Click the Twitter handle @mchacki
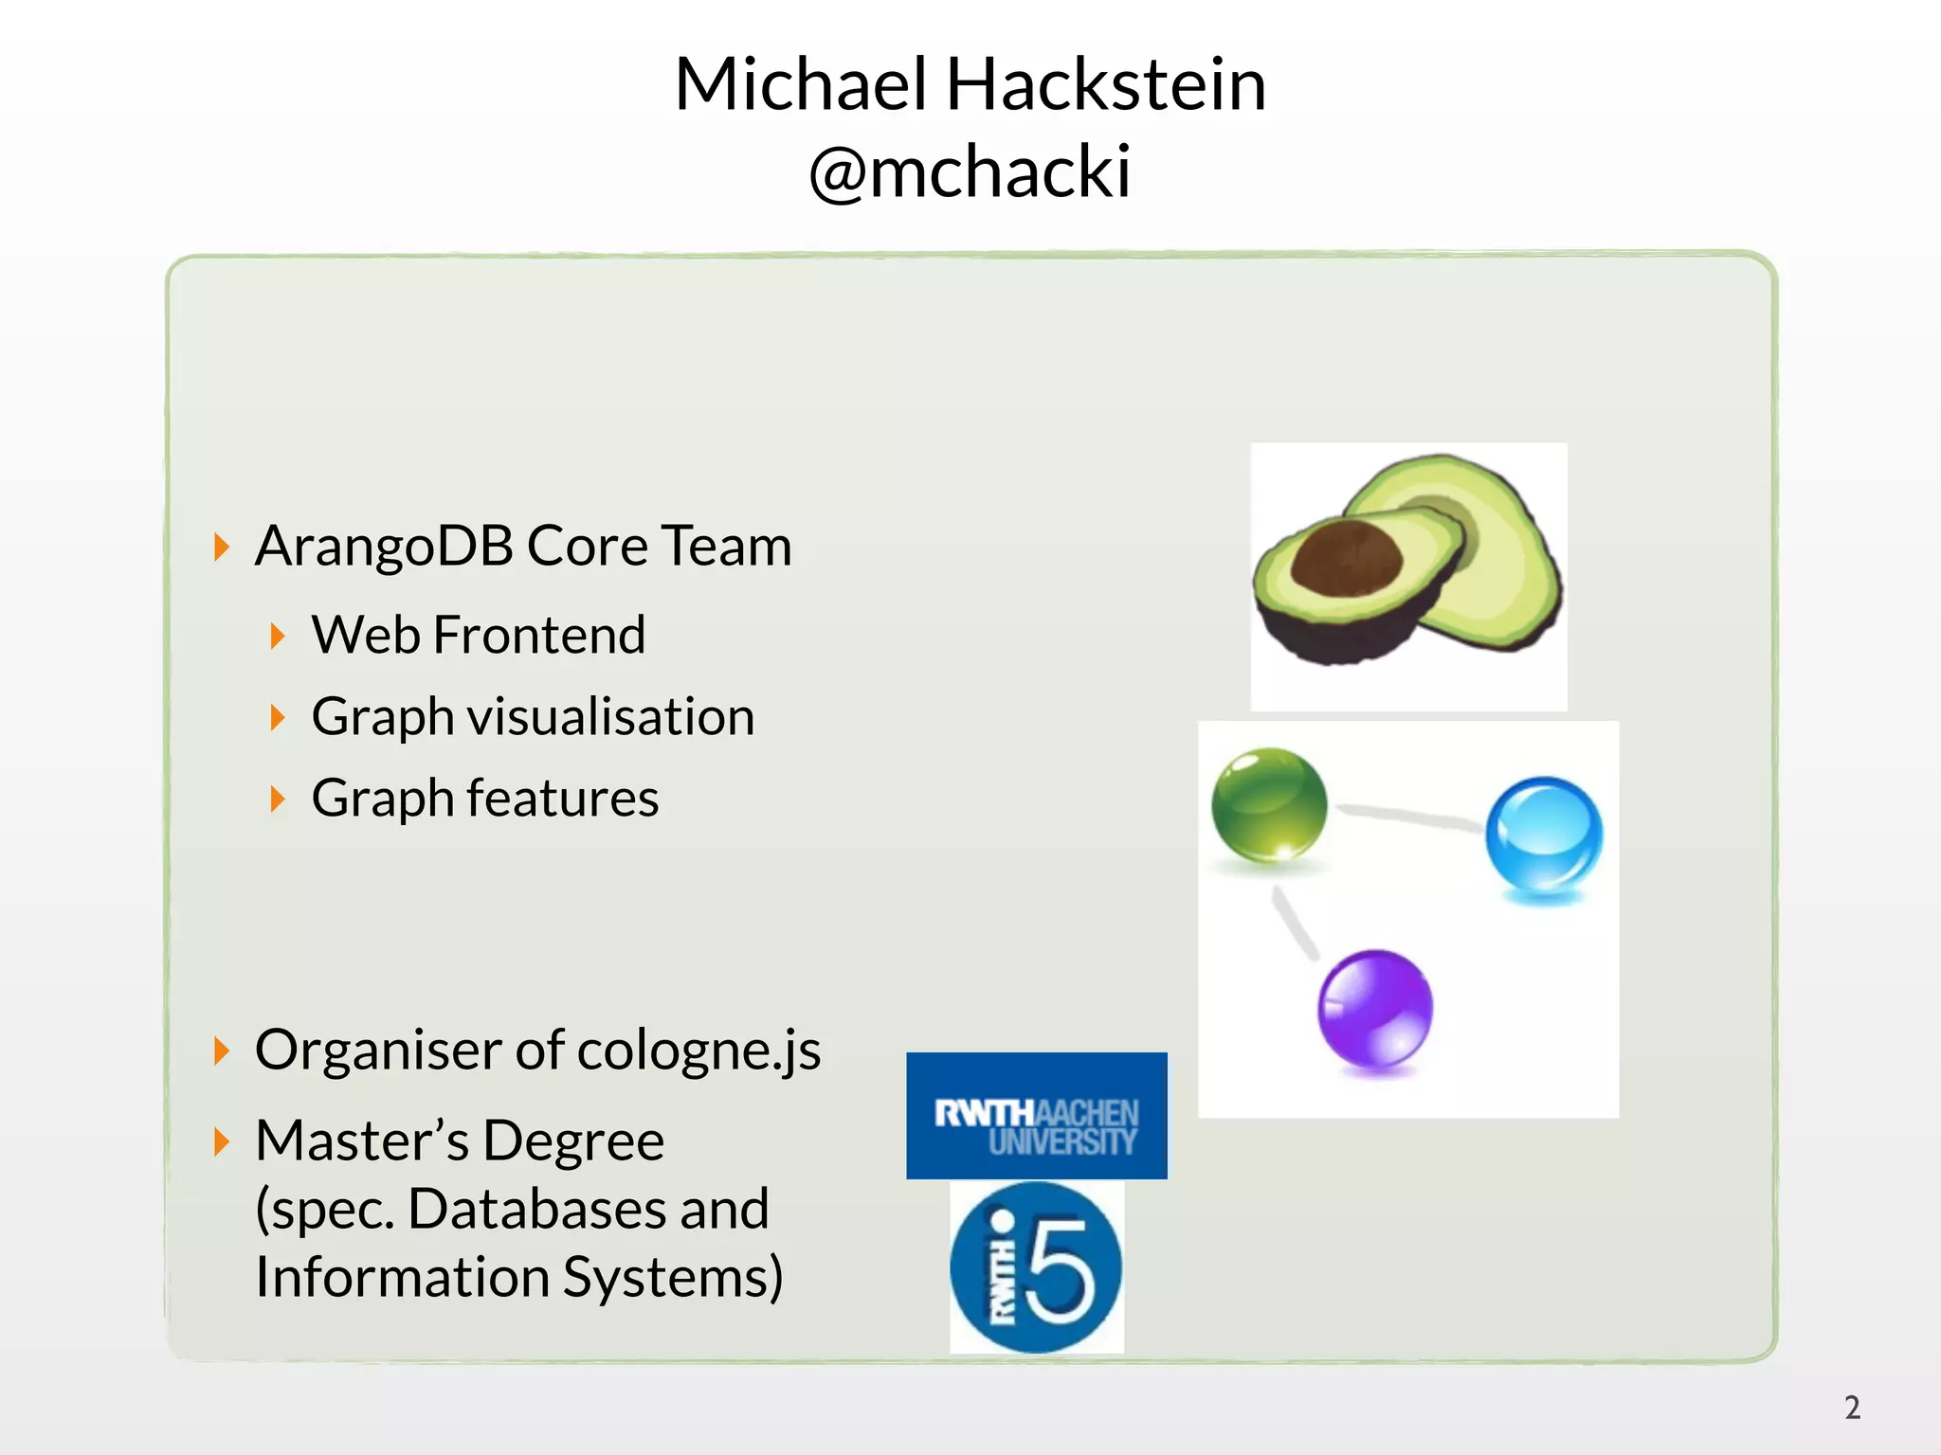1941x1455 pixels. pyautogui.click(x=970, y=172)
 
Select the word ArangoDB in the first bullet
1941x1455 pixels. pyautogui.click(x=384, y=547)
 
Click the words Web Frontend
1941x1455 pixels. pyautogui.click(x=479, y=635)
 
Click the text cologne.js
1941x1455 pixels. pyautogui.click(x=698, y=1051)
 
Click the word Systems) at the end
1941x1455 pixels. pyautogui.click(x=673, y=1278)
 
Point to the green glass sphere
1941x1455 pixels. pyautogui.click(x=1269, y=804)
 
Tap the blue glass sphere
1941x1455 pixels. pyautogui.click(x=1544, y=835)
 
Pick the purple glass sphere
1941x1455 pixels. pyautogui.click(x=1375, y=1009)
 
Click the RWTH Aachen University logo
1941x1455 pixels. pyautogui.click(x=1037, y=1116)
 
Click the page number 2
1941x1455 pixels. pyautogui.click(x=1852, y=1408)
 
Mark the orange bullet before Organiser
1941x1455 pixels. pyautogui.click(x=222, y=1051)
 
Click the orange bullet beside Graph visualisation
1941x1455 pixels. pyautogui.click(x=277, y=717)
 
